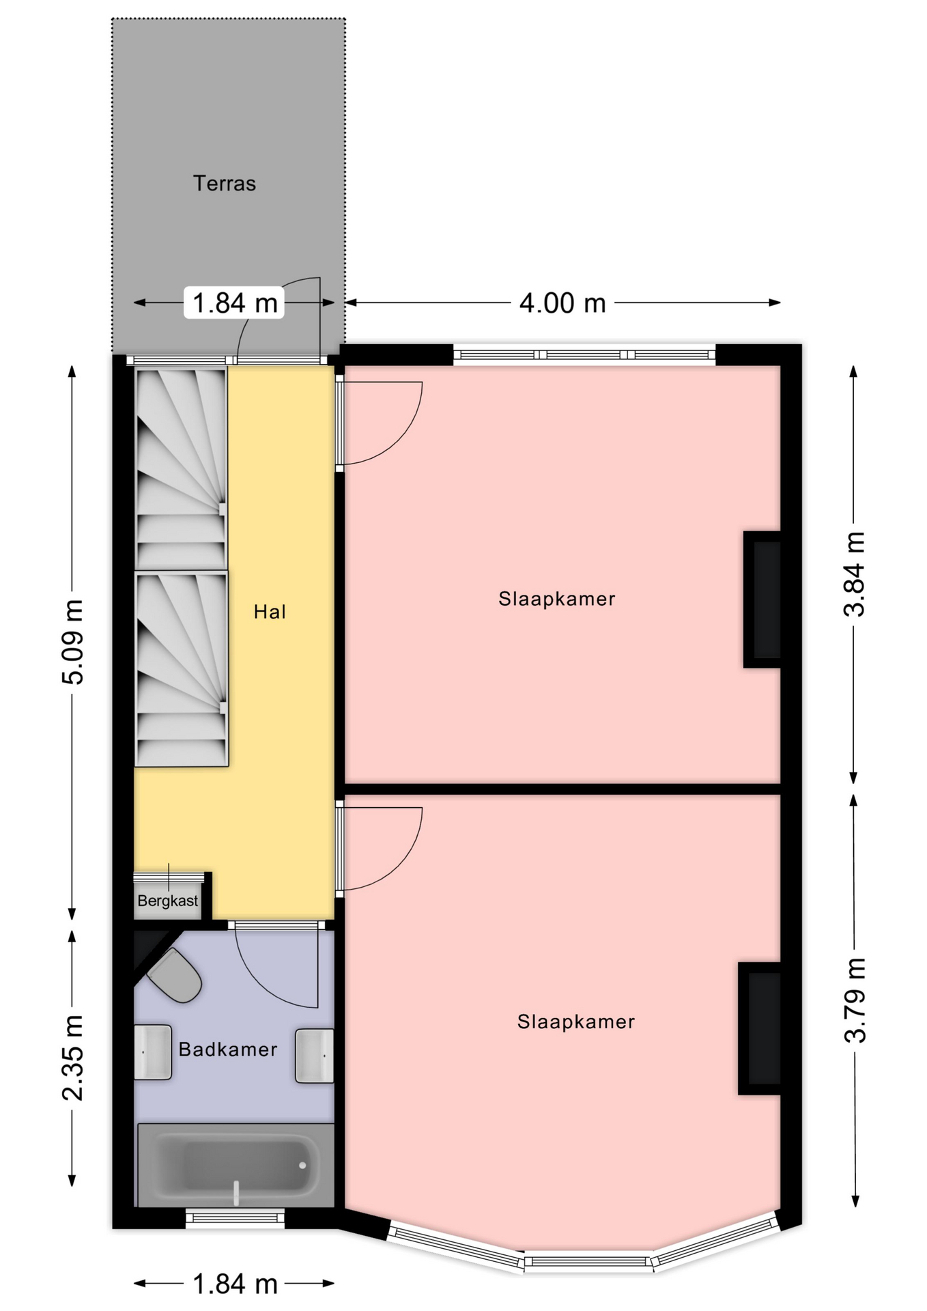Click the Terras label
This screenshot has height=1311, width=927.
(x=224, y=183)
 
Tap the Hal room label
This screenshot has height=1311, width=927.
(x=270, y=612)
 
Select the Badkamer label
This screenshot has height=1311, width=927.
(x=228, y=1049)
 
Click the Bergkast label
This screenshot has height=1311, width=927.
(x=168, y=901)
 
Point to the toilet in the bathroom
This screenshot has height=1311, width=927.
(x=175, y=974)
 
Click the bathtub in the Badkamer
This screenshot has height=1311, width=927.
(x=236, y=1166)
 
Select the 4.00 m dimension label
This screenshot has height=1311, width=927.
(x=562, y=302)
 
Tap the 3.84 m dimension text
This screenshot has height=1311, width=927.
(x=855, y=574)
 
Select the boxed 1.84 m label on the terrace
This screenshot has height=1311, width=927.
(x=234, y=302)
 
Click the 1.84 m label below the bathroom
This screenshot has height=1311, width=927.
(x=236, y=1284)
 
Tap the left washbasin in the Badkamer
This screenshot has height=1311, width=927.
(x=153, y=1052)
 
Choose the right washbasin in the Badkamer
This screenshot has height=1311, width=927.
(x=315, y=1056)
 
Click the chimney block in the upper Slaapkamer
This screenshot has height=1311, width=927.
(x=762, y=600)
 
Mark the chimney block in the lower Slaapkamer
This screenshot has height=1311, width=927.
(x=760, y=1028)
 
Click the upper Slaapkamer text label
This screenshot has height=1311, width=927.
(x=557, y=599)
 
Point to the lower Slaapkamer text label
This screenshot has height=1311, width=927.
(x=576, y=1021)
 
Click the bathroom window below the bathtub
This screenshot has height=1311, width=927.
(x=236, y=1217)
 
